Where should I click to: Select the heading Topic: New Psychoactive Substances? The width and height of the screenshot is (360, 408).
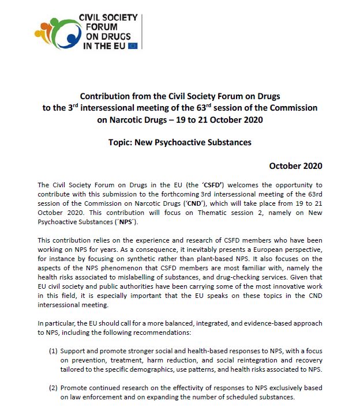pos(179,141)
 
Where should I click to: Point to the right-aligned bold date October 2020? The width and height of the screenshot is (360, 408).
pos(295,166)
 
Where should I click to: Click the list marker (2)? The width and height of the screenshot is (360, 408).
pos(53,388)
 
